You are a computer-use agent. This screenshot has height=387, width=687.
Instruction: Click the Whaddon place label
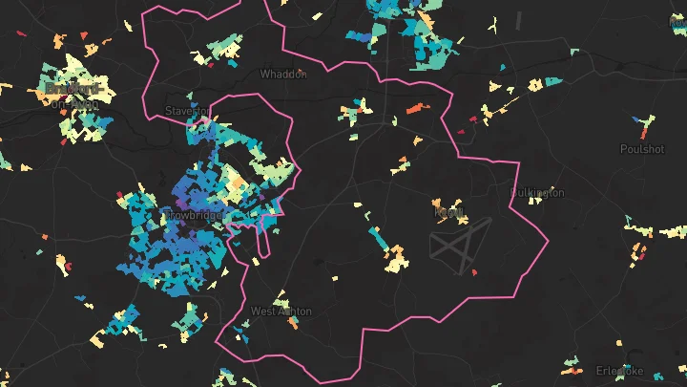click(x=284, y=74)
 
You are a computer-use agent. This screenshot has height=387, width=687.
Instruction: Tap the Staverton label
click(x=186, y=111)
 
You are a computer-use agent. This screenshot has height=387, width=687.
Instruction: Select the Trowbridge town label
click(x=194, y=217)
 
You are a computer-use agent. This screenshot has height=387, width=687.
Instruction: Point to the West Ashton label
click(x=281, y=312)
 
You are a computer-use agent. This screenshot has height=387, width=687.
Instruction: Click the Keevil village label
click(x=448, y=211)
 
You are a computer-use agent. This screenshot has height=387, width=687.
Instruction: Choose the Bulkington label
click(x=537, y=193)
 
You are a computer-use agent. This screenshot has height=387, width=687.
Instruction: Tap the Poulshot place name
click(x=641, y=149)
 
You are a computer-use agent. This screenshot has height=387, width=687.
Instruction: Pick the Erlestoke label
click(x=620, y=371)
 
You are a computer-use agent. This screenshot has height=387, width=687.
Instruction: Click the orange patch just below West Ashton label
click(x=292, y=322)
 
